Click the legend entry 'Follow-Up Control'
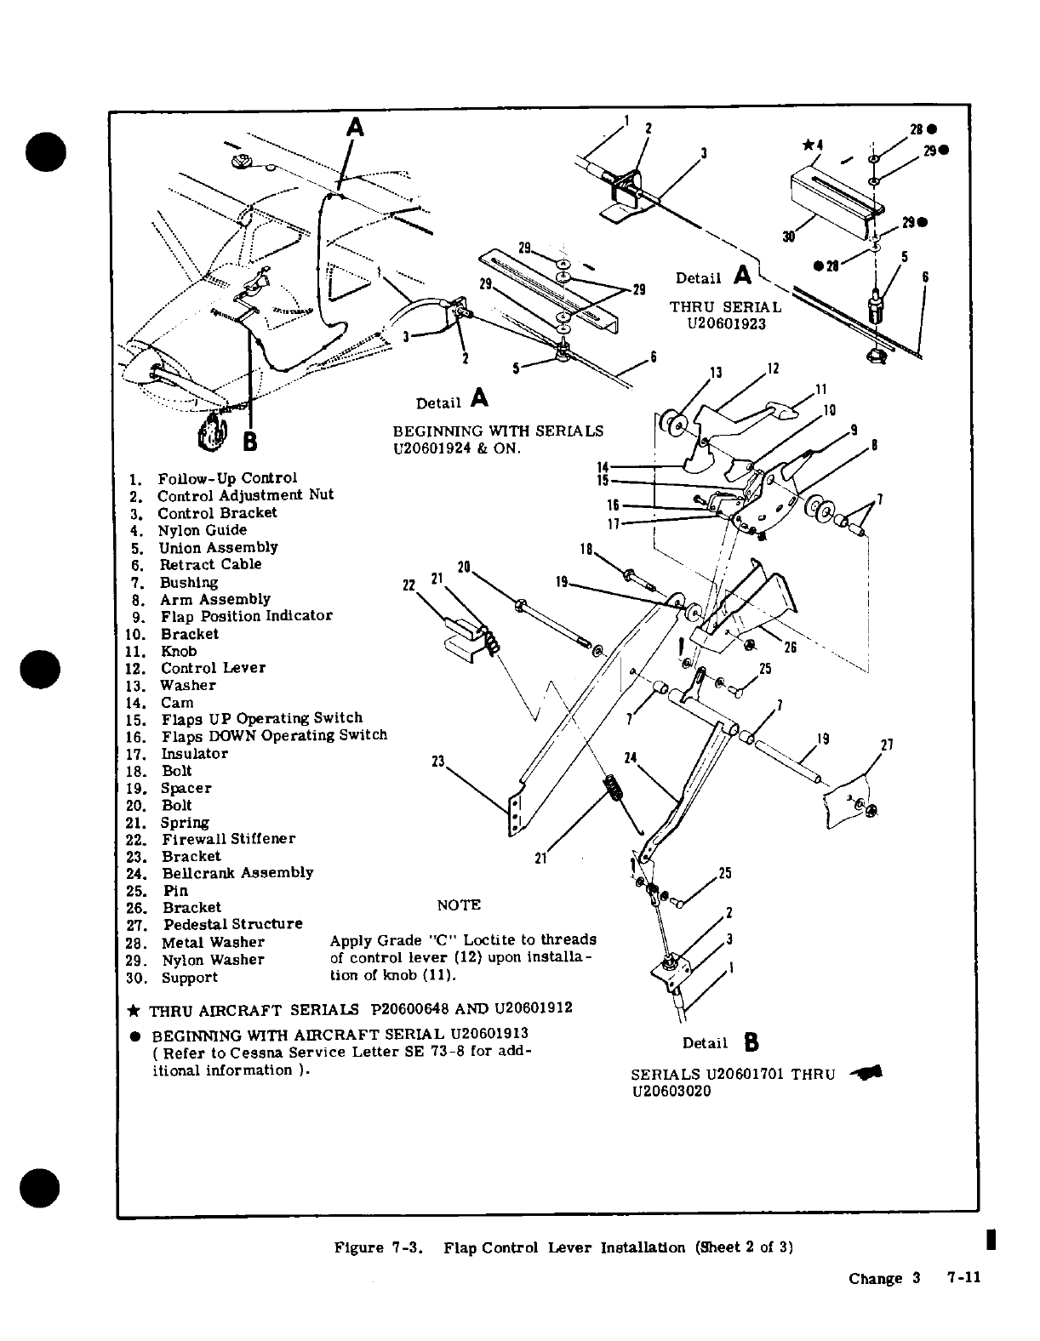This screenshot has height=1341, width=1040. click(227, 478)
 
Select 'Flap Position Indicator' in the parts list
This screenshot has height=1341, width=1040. click(246, 616)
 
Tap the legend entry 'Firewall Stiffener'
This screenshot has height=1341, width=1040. click(228, 839)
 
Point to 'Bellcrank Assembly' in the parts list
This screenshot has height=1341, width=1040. click(237, 873)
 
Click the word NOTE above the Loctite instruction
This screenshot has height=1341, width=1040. click(459, 905)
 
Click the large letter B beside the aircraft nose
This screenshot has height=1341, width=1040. click(250, 442)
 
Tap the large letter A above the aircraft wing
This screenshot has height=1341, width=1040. click(356, 128)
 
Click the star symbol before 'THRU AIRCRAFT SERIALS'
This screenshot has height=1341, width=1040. click(133, 1010)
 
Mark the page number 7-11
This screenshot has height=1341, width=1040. click(963, 1278)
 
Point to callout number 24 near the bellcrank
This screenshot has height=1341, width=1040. click(631, 757)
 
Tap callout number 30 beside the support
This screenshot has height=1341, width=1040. click(789, 237)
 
